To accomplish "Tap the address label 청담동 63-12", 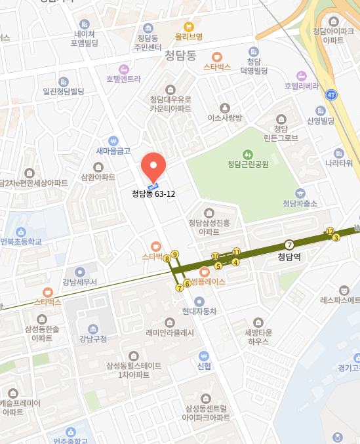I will tap(153, 194).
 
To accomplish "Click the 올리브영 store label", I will tap(189, 37).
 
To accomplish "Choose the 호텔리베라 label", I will tap(301, 86).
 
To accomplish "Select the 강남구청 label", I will tap(92, 339).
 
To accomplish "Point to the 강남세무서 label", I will tap(80, 283).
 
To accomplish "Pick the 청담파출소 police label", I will tap(300, 203).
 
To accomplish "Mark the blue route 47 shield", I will tap(332, 94).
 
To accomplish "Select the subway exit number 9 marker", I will tap(174, 254).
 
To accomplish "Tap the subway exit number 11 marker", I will tap(237, 251).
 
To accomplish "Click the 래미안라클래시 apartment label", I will tap(170, 333).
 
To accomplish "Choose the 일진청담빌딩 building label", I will tap(64, 91).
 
